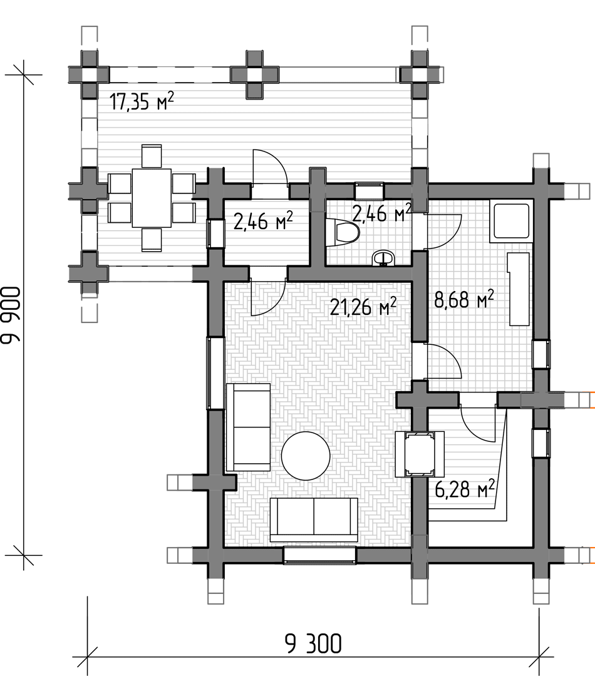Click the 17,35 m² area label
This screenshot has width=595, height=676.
pos(142,102)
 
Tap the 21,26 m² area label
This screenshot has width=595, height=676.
pos(363,307)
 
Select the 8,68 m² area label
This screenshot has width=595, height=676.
pos(464,300)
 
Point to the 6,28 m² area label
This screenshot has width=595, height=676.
pos(464,489)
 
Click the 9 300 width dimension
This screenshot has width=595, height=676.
pos(313,644)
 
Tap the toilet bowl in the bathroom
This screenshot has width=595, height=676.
pos(343,233)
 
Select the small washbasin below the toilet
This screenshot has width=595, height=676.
pos(383,259)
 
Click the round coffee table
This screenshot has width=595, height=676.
pos(306,456)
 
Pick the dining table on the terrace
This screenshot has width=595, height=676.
pos(152,198)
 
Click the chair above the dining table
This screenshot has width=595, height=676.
pos(152,156)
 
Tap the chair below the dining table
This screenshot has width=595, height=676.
pos(152,240)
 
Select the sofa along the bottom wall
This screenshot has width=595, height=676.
pos(314,520)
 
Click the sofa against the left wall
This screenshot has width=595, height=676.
pos(249,427)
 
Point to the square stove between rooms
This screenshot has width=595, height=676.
pos(420,454)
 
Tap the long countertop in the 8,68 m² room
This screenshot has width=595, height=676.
pos(519,289)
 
